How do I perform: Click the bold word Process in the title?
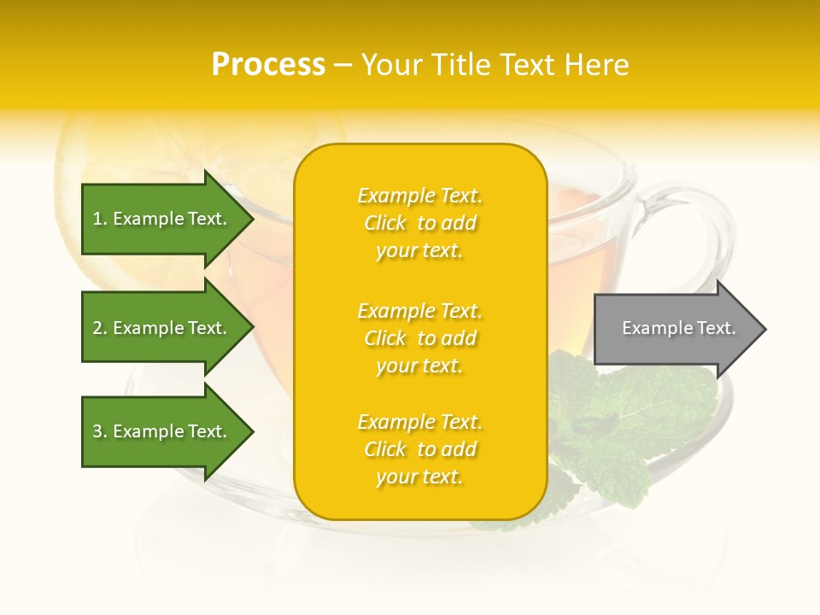tap(268, 65)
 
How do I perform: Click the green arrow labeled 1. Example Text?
tap(162, 220)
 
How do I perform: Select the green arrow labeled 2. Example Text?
tap(162, 328)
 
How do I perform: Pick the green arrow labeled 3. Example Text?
tap(162, 431)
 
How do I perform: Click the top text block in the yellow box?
tap(419, 223)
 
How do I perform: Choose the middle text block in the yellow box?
tap(419, 338)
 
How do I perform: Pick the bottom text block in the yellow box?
tap(419, 449)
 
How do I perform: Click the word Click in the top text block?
tap(385, 223)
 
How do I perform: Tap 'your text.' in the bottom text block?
tap(419, 477)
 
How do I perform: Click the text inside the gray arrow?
tap(678, 328)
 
